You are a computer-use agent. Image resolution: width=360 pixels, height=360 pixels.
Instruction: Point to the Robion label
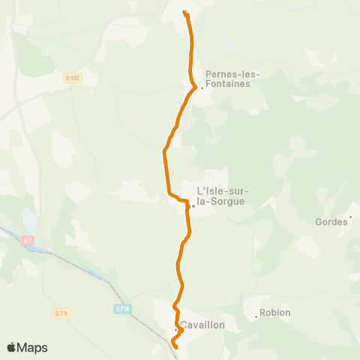275,313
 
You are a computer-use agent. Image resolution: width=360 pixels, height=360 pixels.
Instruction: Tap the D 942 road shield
72,76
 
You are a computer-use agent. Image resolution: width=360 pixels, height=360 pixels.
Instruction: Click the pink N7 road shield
28,240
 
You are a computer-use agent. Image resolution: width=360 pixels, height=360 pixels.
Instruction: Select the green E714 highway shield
123,307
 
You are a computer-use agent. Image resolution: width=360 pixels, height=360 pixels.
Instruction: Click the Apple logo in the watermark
12,347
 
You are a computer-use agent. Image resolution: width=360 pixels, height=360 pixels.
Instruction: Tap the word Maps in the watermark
33,347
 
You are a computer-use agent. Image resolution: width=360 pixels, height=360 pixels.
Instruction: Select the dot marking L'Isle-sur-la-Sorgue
192,206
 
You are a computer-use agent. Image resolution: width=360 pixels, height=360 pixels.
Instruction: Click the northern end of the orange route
185,13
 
